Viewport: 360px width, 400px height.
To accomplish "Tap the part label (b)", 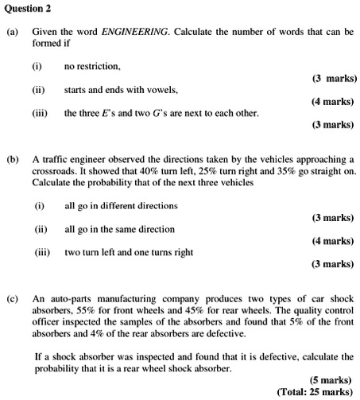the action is (x=12, y=160).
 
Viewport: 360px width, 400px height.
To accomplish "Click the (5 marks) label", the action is (x=331, y=380).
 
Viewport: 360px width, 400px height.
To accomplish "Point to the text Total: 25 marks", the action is (x=315, y=392).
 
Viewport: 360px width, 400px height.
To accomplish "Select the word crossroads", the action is (x=58, y=171).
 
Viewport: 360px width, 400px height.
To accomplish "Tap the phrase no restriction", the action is (x=92, y=66).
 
